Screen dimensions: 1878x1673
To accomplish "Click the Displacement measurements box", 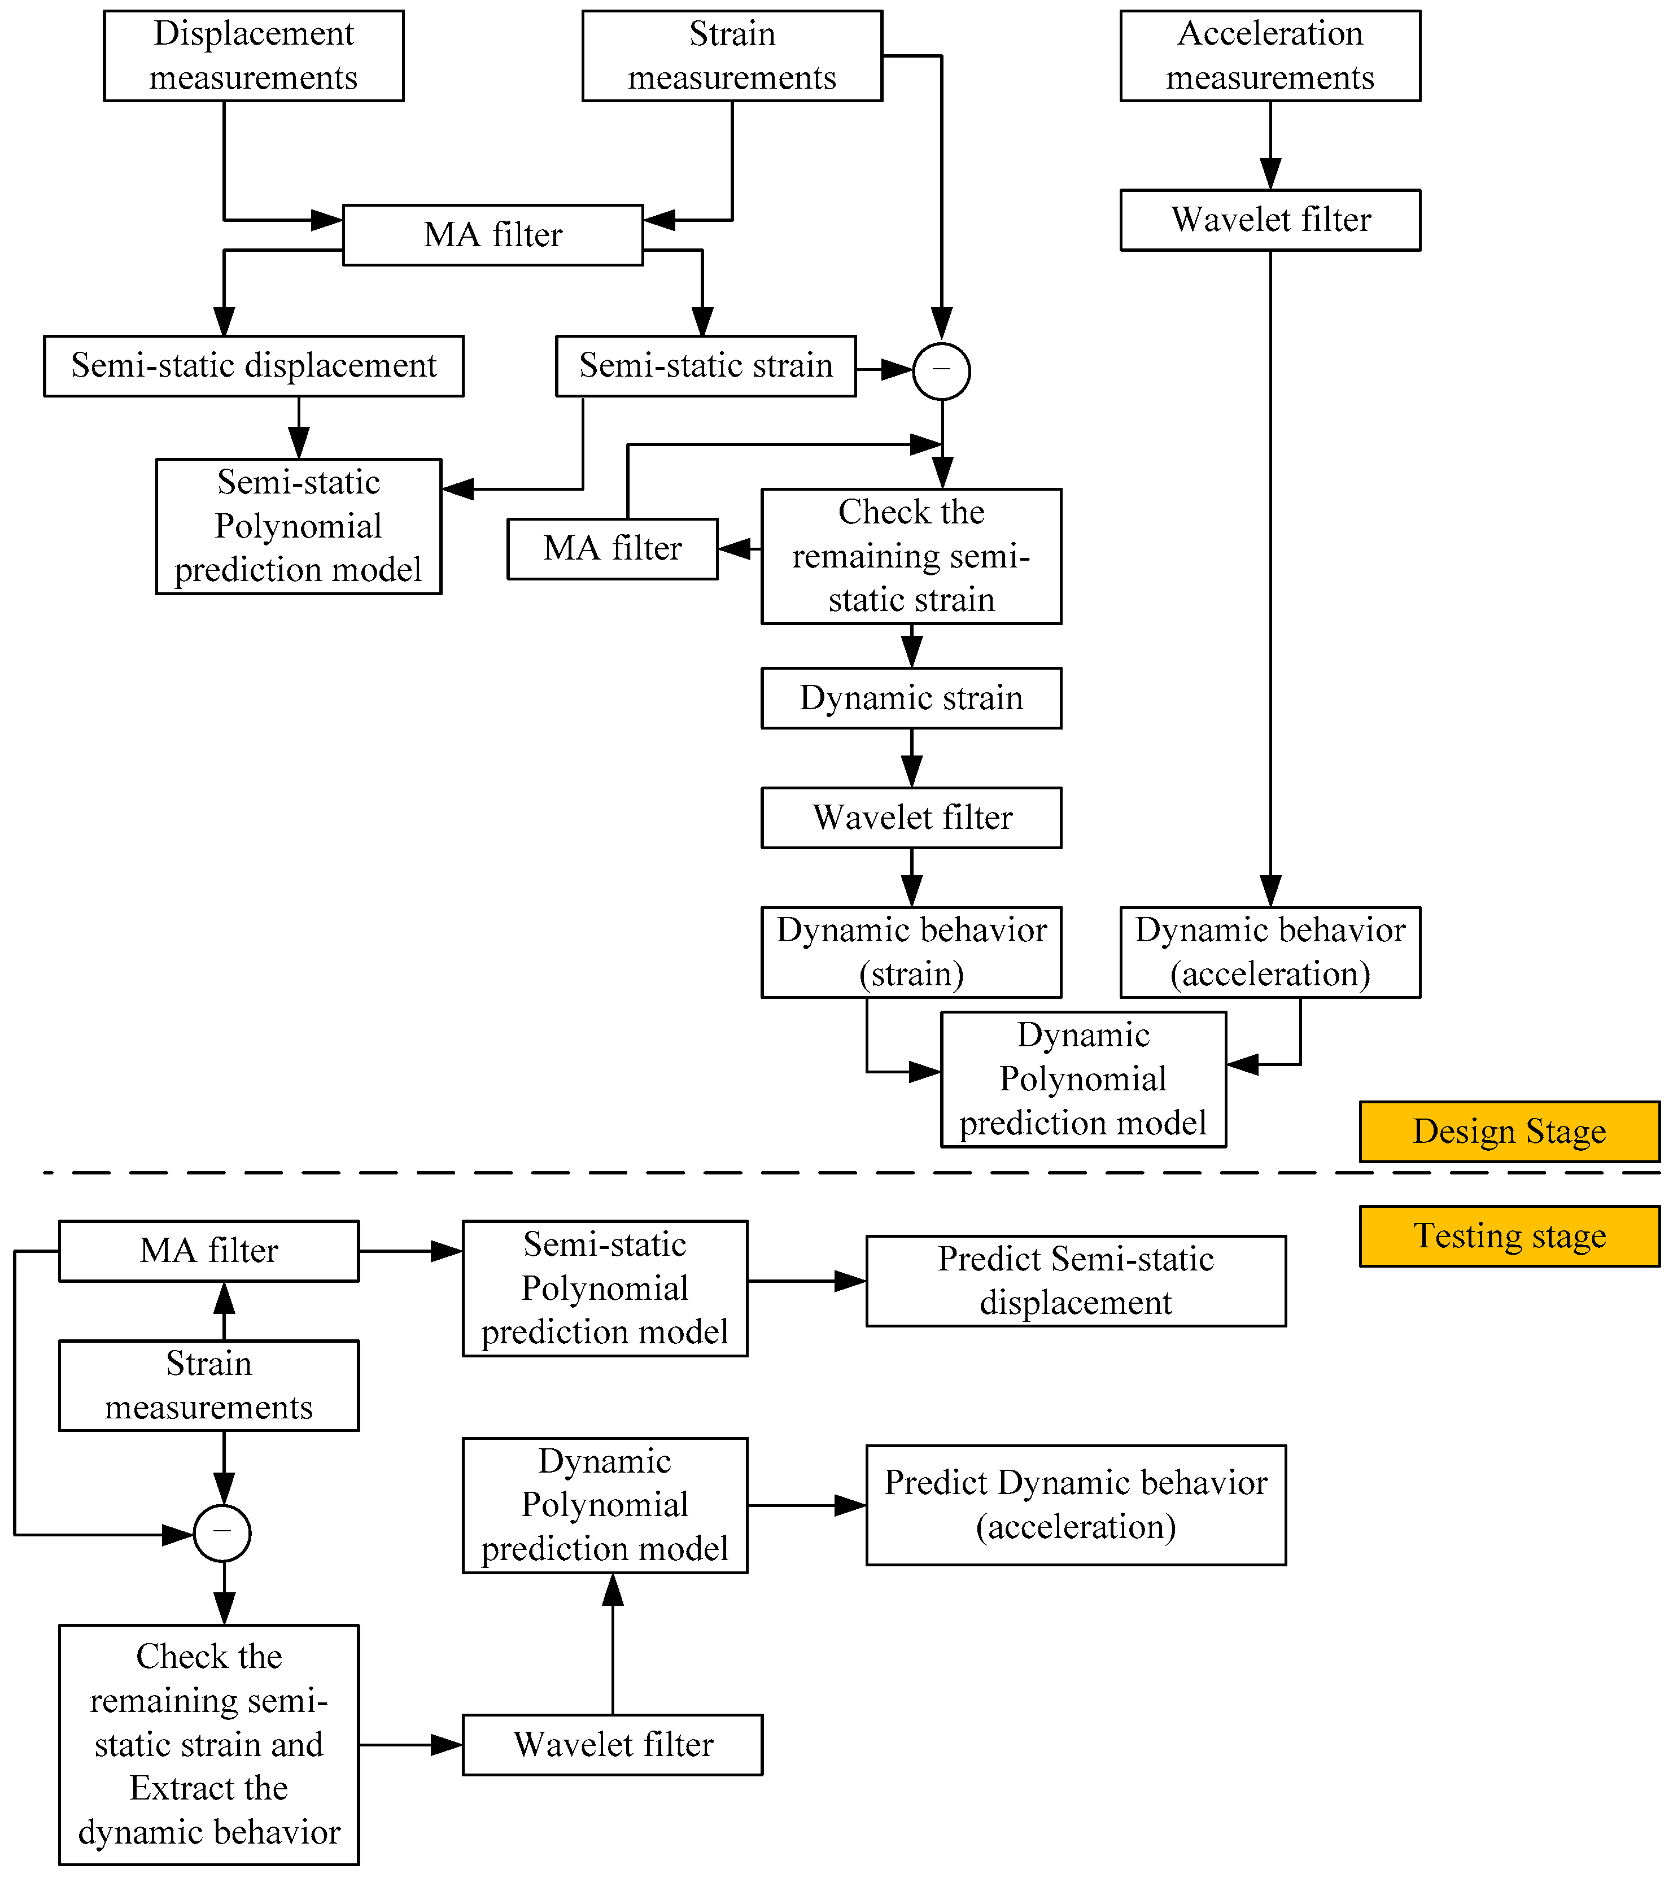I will coord(253,55).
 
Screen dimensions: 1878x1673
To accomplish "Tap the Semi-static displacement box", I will coord(253,366).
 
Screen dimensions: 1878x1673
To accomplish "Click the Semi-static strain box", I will coord(705,366).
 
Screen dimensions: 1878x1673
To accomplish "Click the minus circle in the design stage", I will coord(941,370).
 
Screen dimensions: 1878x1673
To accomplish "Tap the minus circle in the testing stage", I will coord(222,1534).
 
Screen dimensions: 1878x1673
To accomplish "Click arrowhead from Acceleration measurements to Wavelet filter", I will coord(1270,174).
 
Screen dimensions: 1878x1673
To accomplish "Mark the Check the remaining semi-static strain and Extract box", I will coord(209,1745).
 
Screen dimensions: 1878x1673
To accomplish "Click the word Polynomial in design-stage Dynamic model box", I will coord(1083,1079).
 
